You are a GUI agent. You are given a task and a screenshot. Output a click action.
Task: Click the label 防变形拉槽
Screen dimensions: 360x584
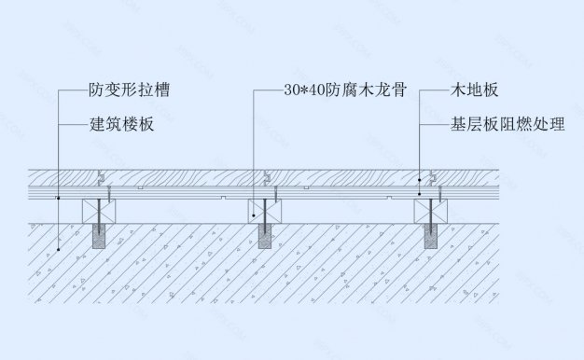tap(130, 91)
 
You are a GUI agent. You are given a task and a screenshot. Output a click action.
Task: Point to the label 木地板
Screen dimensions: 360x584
tap(474, 91)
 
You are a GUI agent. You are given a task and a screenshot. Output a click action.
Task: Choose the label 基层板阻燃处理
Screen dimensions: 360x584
tap(508, 123)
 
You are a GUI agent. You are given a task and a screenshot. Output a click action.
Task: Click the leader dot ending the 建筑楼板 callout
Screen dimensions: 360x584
tap(58, 250)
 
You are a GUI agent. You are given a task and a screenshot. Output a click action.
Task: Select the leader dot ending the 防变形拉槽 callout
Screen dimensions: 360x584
tap(58, 199)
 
